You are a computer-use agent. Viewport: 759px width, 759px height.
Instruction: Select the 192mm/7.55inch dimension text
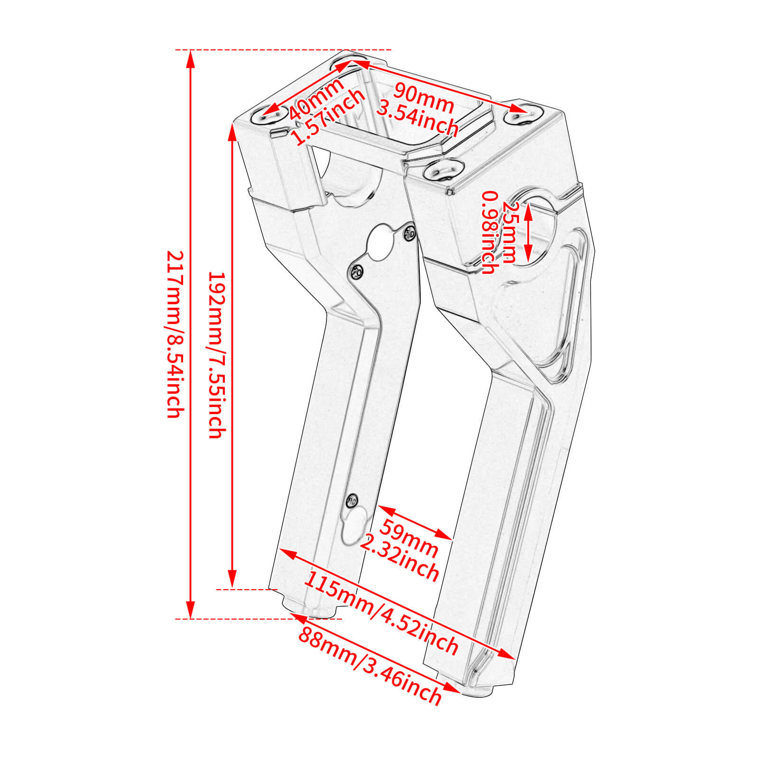tap(217, 355)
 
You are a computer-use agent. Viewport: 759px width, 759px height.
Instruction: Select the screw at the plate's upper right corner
tap(410, 233)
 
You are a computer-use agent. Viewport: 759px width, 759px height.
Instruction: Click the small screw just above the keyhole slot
tap(352, 500)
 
